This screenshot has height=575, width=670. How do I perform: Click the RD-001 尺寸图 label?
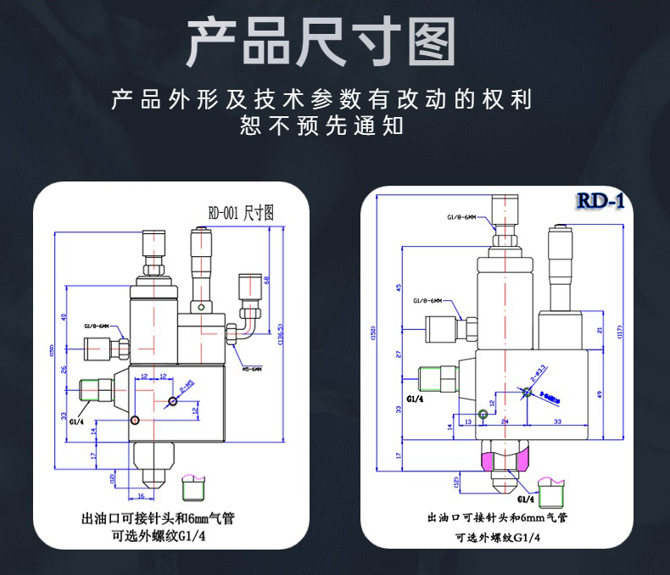241,215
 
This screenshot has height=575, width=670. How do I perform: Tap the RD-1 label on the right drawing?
600,201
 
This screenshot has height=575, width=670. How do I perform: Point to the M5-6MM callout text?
252,369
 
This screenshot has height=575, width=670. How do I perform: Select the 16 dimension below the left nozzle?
142,495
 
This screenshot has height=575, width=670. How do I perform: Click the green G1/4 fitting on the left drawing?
96,391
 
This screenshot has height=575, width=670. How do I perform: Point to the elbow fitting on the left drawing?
246,318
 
